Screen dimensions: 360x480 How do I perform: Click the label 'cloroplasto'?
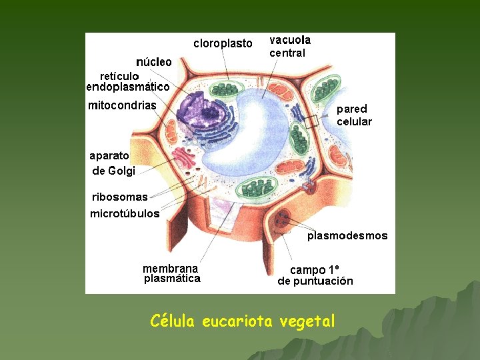point(223,44)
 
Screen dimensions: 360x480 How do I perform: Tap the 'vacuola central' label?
point(289,47)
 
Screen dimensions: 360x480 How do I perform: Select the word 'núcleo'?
point(154,62)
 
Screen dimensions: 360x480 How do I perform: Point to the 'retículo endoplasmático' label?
point(127,81)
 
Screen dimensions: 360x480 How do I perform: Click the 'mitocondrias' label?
point(122,105)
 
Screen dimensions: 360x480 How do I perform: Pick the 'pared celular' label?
point(353,115)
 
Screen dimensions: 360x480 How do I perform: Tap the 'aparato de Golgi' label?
point(112,163)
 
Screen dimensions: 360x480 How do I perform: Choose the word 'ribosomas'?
point(120,197)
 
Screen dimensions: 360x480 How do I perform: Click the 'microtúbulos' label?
point(125,214)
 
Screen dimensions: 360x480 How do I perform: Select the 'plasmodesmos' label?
point(347,236)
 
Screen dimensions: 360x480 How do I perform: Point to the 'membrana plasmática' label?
point(171,273)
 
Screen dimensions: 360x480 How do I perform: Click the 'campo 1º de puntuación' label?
point(315,275)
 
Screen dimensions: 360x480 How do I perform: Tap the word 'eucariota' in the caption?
point(237,321)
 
